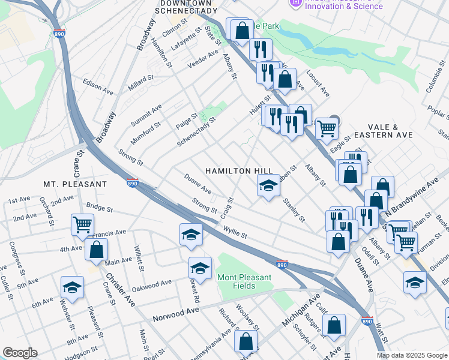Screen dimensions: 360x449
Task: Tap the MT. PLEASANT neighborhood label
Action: click(74, 184)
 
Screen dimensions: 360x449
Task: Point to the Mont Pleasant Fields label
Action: click(244, 281)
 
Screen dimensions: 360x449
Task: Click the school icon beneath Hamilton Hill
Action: click(268, 186)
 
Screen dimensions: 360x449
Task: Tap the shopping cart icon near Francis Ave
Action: click(82, 225)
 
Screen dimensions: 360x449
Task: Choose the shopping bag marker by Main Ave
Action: click(95, 250)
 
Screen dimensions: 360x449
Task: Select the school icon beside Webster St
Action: click(71, 287)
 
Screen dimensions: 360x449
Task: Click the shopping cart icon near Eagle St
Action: click(327, 128)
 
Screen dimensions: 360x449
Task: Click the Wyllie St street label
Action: click(235, 231)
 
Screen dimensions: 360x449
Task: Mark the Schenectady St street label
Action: click(196, 132)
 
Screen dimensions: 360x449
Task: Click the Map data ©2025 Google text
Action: click(412, 355)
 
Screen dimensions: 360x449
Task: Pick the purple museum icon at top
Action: click(295, 3)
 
